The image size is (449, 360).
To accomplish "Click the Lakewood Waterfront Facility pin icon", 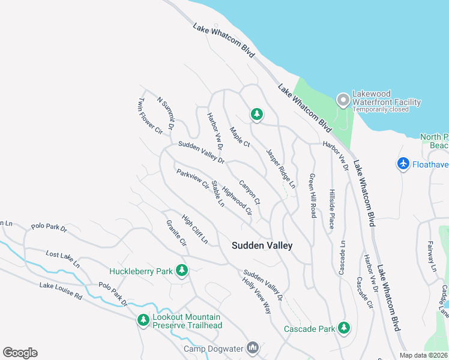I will [x=343, y=100].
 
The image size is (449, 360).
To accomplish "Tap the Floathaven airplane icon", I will [x=403, y=163].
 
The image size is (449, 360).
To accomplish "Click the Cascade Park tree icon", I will [x=344, y=328].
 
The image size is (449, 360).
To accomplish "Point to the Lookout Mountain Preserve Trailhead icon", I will [x=143, y=321].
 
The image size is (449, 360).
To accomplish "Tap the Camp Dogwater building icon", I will [x=253, y=348].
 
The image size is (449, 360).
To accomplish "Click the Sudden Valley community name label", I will [x=262, y=245].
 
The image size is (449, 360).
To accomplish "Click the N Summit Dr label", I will [x=165, y=112].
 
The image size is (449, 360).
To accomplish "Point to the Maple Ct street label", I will [x=239, y=136].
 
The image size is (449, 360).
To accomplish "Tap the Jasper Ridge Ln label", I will [x=281, y=169].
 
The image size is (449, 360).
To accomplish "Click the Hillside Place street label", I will [x=331, y=209].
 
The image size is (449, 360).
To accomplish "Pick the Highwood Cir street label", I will [x=237, y=200].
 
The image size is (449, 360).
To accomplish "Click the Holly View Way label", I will [x=256, y=296].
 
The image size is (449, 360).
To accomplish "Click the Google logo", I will [x=20, y=353].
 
